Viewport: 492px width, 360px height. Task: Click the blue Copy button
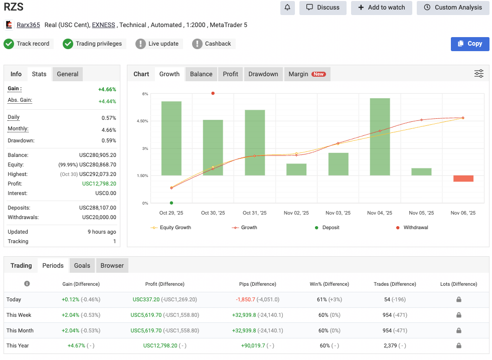tap(469, 44)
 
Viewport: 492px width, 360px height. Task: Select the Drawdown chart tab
tap(263, 74)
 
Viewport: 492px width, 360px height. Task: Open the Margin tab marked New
tap(306, 74)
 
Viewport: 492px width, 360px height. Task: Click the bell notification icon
tap(287, 8)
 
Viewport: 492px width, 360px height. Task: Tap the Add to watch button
tap(381, 8)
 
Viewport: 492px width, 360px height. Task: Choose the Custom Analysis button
tap(452, 8)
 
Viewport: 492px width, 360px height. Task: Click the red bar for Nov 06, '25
tap(463, 178)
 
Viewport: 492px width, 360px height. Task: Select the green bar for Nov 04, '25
tap(380, 136)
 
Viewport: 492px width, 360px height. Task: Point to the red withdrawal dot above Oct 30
tap(213, 93)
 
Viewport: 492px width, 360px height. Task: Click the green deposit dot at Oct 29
tap(172, 203)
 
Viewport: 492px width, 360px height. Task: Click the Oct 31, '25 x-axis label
tap(254, 213)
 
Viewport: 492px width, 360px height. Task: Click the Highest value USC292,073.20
tap(97, 174)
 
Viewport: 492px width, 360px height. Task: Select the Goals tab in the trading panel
tap(82, 266)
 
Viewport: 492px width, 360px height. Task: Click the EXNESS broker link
tap(103, 25)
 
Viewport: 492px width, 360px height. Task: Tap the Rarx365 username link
tap(28, 25)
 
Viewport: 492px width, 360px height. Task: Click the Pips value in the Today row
tap(246, 299)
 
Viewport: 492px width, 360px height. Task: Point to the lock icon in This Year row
tap(458, 346)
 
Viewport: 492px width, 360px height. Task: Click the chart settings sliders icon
tap(478, 74)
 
